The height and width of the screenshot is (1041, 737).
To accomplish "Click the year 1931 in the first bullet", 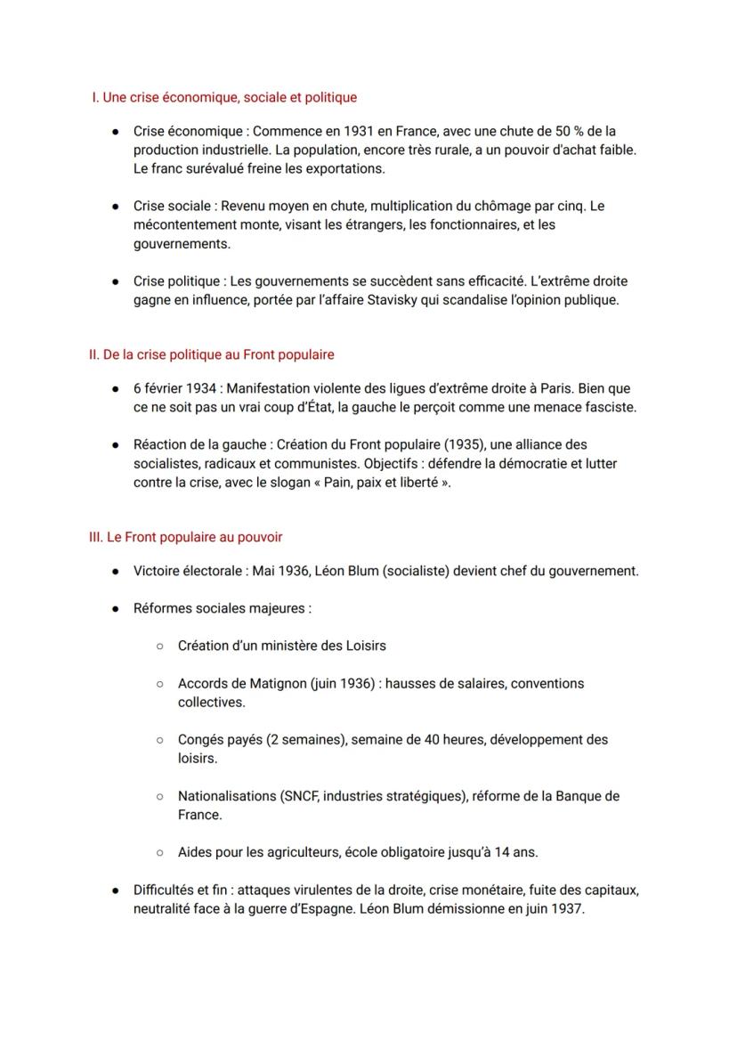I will point(342,131).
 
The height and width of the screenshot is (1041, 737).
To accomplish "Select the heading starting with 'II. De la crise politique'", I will point(212,354).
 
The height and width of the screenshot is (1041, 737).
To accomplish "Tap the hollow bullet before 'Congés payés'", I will point(159,740).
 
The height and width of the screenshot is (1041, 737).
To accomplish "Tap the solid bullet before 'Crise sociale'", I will point(116,207).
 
